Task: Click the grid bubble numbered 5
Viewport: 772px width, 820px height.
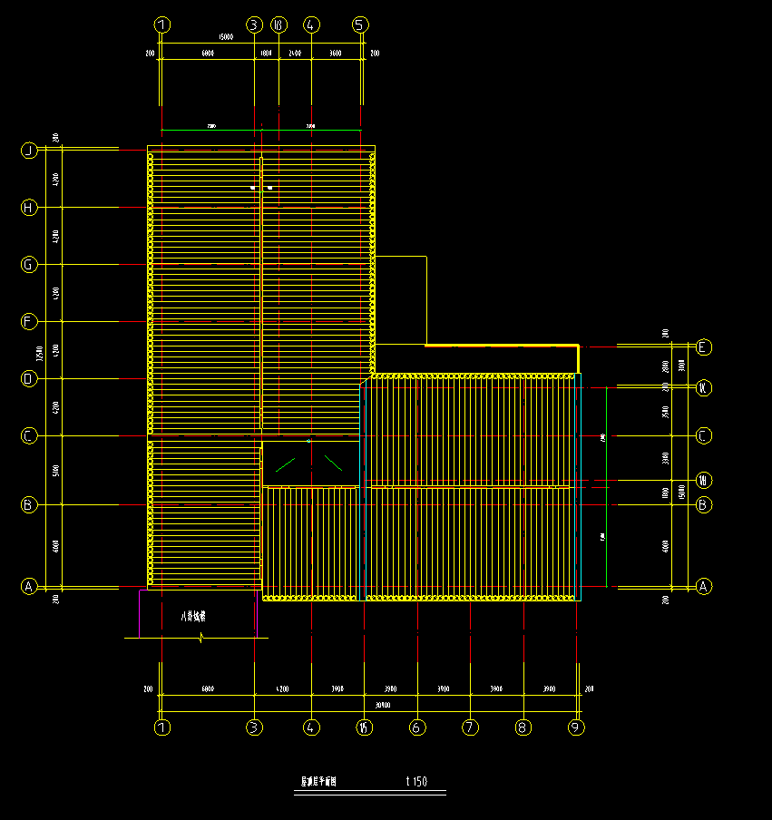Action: [360, 24]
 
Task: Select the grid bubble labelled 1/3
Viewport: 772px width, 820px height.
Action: [279, 24]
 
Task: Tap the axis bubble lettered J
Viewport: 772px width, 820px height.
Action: [29, 151]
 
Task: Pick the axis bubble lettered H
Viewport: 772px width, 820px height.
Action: [29, 208]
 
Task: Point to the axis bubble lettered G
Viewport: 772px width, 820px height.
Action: [29, 265]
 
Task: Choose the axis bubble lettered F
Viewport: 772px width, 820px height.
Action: [29, 322]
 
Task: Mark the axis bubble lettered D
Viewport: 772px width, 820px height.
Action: [29, 379]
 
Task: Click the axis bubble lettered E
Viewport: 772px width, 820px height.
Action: [704, 347]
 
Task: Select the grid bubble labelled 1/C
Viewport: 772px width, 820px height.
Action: [704, 388]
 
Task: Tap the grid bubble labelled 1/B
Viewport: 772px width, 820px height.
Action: [704, 479]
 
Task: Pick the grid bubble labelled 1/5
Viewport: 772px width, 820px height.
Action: [364, 727]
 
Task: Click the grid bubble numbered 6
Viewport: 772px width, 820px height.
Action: [417, 727]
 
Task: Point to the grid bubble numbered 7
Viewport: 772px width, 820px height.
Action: [470, 727]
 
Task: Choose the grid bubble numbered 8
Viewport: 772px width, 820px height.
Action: [523, 727]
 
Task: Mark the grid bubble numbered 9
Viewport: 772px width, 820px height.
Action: [576, 727]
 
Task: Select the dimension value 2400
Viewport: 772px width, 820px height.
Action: [295, 54]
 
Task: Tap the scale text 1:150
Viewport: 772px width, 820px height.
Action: [416, 781]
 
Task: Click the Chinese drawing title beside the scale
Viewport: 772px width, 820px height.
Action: [318, 781]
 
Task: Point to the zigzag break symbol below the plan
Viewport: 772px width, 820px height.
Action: [199, 638]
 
